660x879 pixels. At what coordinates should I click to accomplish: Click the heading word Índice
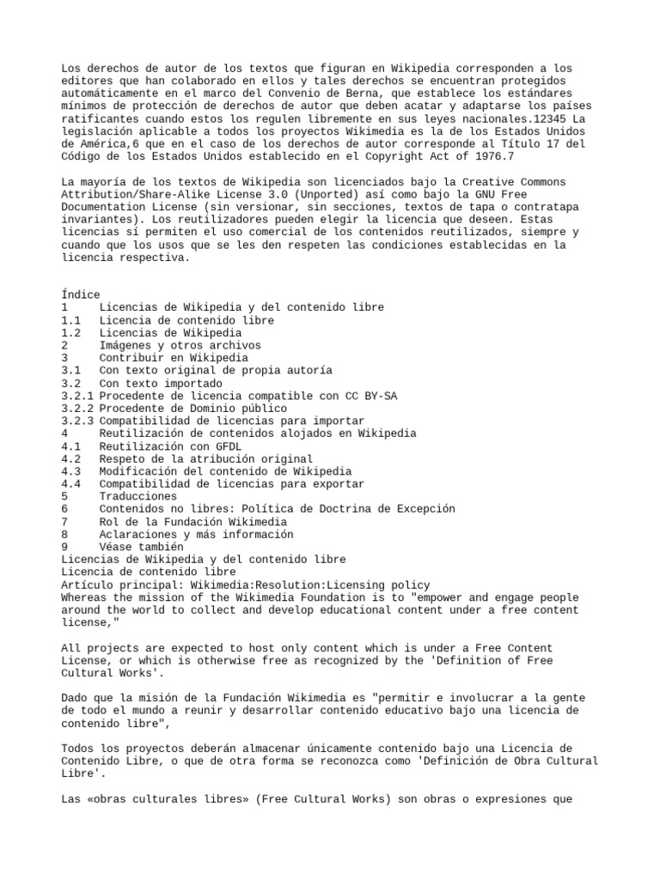pos(81,294)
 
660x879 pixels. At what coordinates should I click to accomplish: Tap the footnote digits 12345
pos(547,118)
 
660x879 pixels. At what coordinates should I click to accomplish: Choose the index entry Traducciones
pos(137,496)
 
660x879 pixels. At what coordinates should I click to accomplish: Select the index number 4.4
pos(71,484)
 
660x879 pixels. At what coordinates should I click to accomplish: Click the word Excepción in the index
pos(421,509)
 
